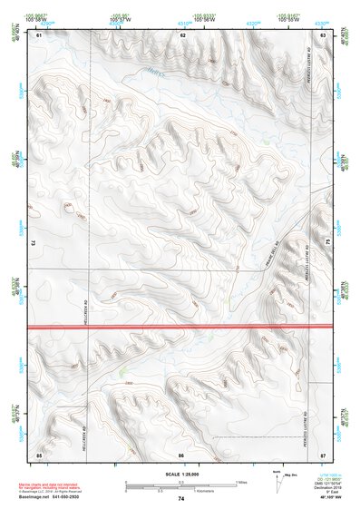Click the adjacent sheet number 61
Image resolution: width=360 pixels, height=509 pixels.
point(39,34)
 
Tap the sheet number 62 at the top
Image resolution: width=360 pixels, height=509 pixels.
point(182,34)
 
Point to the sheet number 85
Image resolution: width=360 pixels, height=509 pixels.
point(39,454)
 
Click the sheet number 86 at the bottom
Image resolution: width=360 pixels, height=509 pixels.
point(181,454)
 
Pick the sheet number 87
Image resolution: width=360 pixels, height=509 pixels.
point(325,454)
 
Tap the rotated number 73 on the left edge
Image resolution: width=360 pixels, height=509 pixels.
point(32,243)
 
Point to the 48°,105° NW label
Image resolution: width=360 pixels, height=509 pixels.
point(324,497)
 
